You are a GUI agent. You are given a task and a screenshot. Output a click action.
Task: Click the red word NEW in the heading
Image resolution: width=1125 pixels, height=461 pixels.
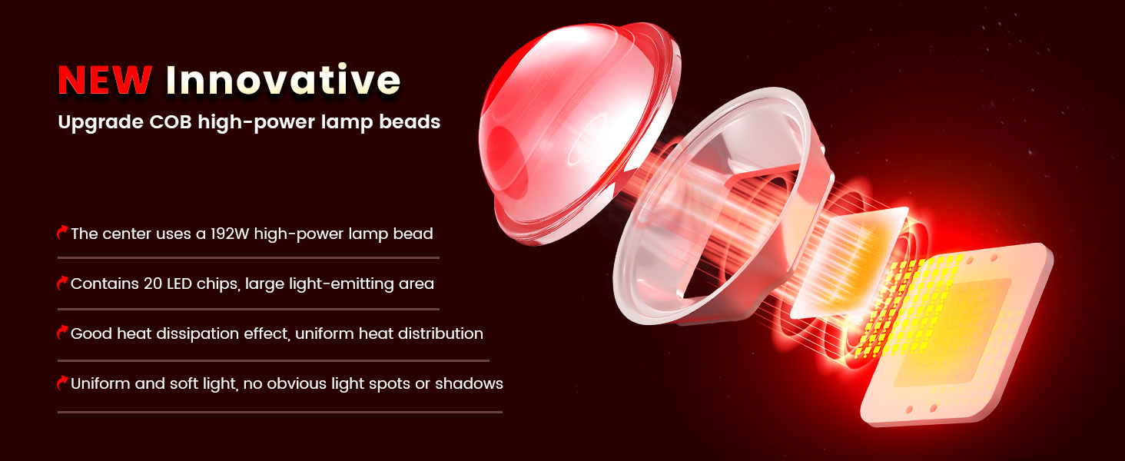105,80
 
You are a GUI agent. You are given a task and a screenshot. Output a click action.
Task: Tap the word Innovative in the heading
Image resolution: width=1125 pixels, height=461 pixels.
284,79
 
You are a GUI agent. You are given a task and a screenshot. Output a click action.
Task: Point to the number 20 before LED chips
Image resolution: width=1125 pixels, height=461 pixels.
153,284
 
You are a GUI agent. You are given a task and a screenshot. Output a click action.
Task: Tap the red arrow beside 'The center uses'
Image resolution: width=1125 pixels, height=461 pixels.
62,233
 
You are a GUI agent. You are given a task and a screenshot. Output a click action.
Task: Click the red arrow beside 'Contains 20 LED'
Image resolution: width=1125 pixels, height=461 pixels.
62,283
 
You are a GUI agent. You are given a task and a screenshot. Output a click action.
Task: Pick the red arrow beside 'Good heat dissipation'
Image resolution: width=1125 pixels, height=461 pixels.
62,333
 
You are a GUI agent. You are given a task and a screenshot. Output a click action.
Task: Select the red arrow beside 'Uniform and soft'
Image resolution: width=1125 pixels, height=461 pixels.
62,383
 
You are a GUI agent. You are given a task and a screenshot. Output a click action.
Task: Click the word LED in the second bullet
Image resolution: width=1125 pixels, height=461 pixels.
179,284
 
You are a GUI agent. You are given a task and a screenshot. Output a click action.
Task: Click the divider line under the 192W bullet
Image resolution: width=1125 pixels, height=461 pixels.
249,258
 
